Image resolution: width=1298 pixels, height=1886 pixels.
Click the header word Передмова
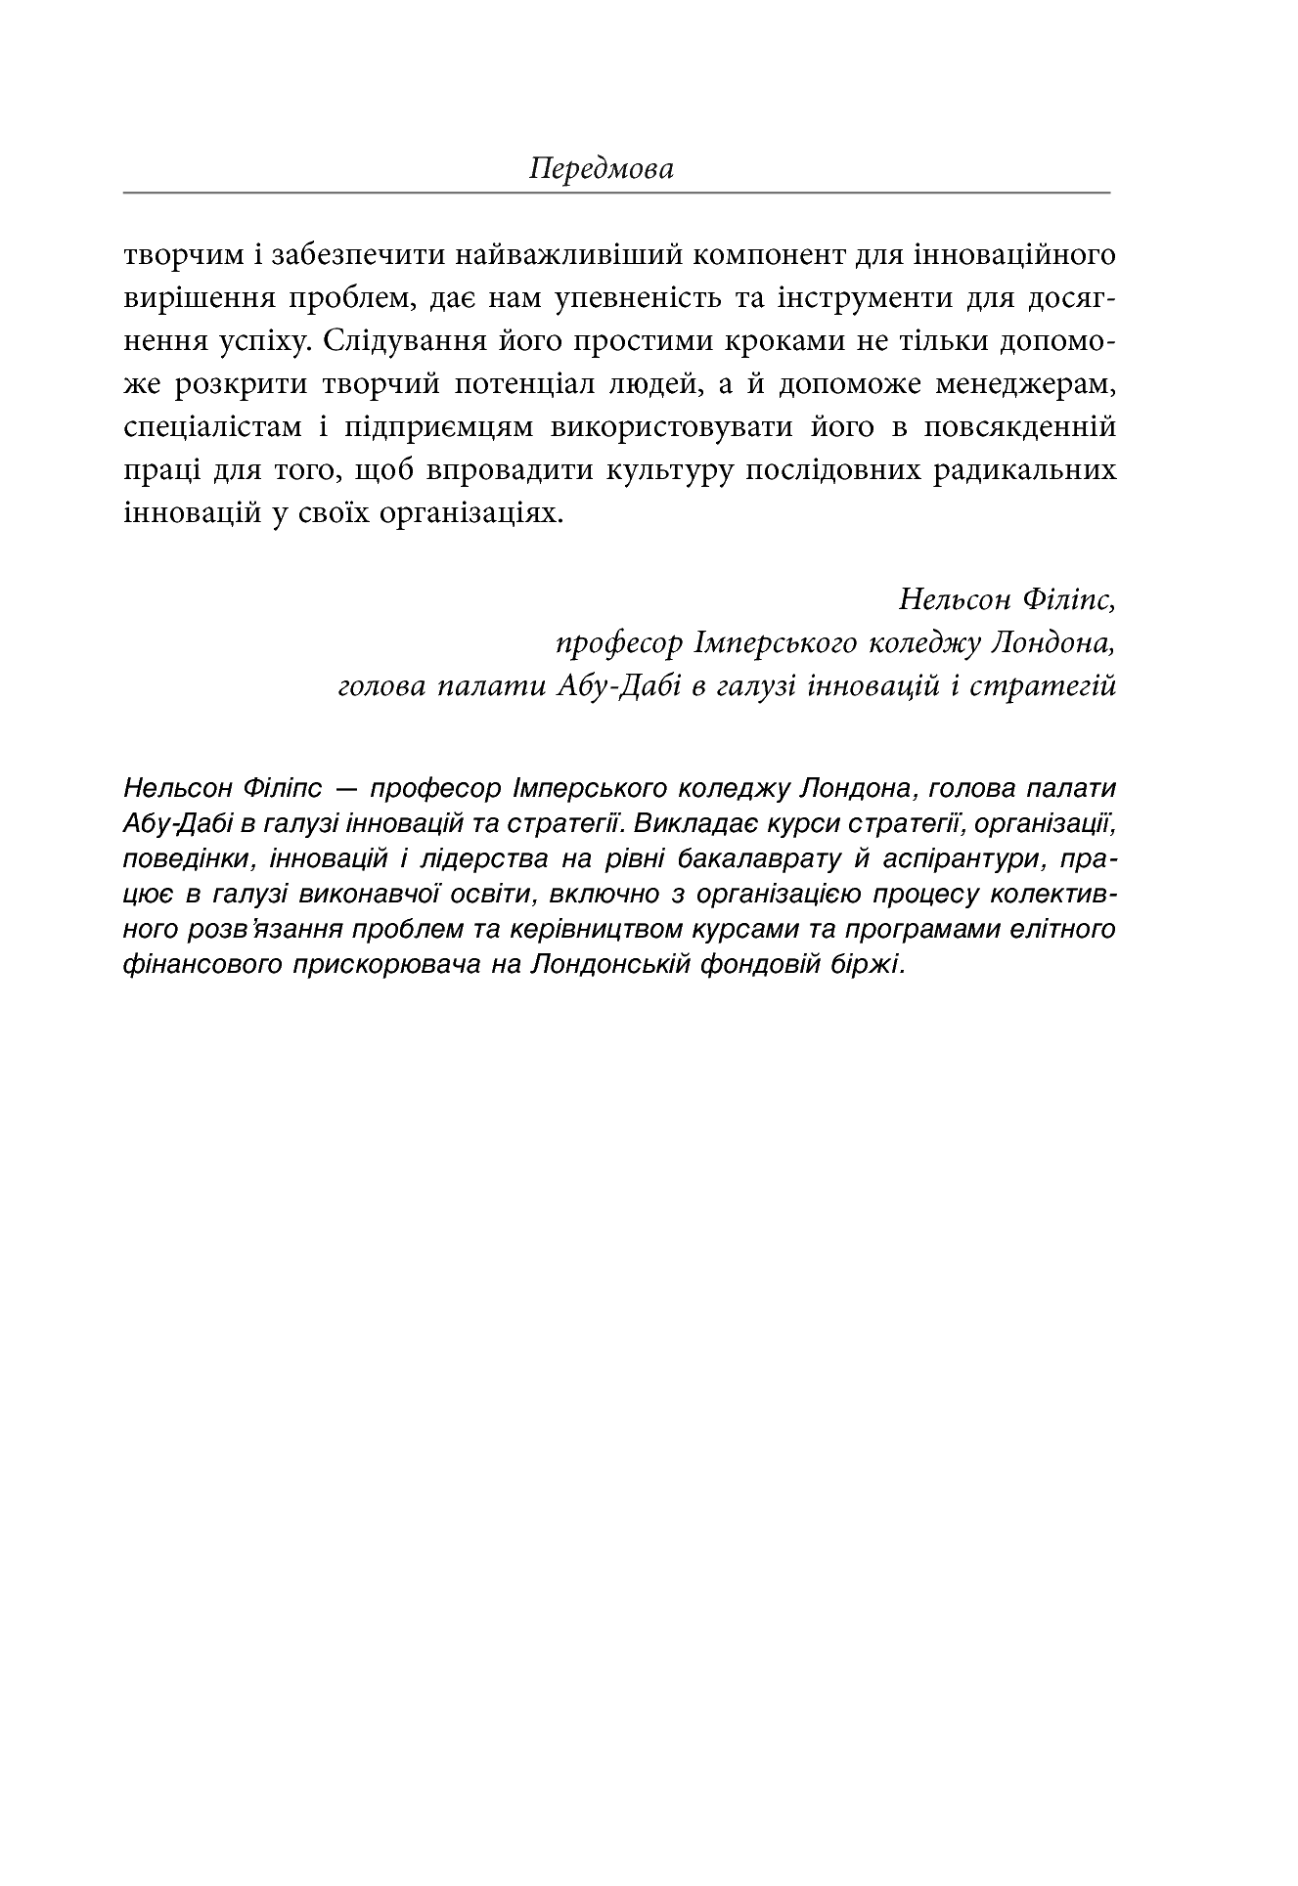pos(601,169)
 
